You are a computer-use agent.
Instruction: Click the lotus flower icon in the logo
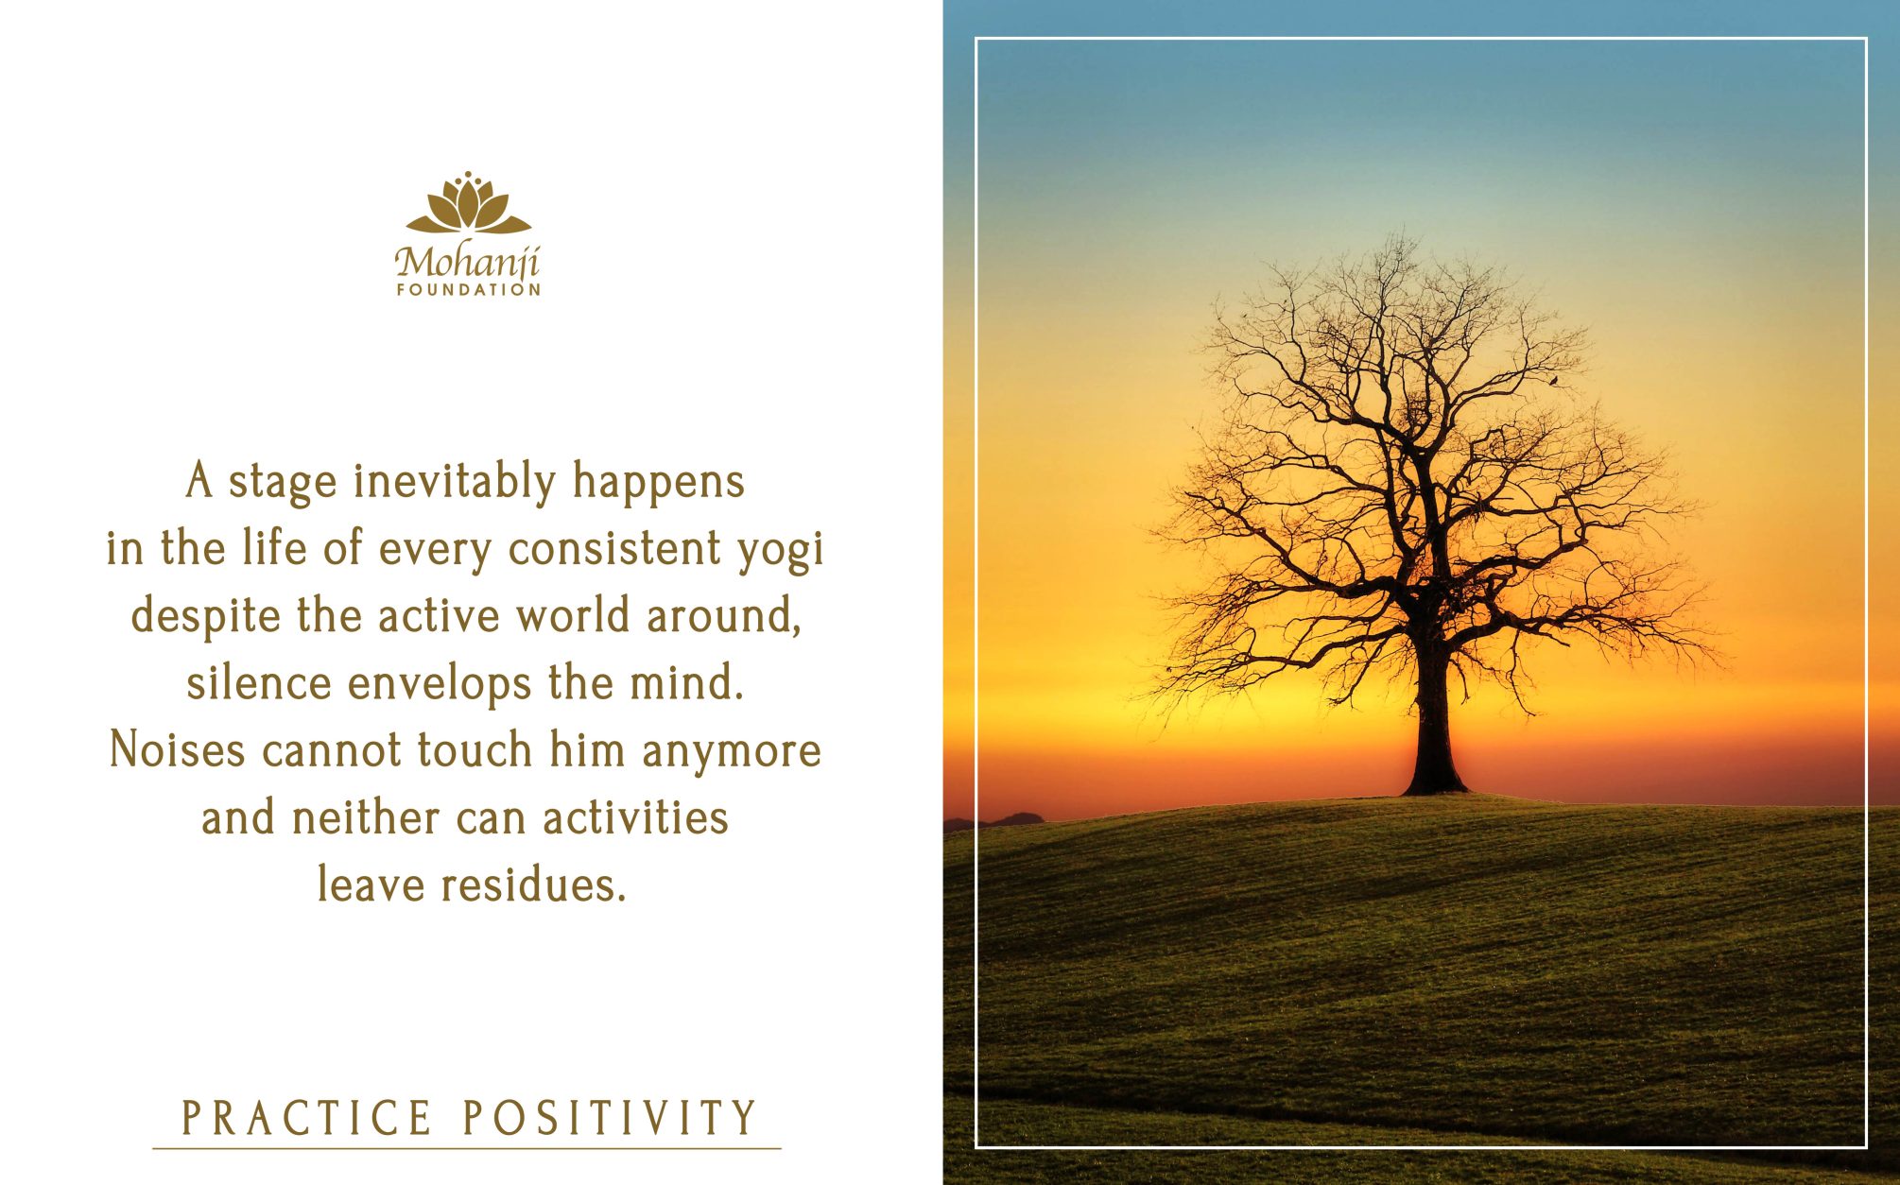pyautogui.click(x=468, y=202)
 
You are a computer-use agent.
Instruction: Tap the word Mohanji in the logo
pyautogui.click(x=467, y=262)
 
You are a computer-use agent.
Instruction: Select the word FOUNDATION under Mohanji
pyautogui.click(x=468, y=290)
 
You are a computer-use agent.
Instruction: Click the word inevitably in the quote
pyautogui.click(x=456, y=482)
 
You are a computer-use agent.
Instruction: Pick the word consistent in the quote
pyautogui.click(x=614, y=549)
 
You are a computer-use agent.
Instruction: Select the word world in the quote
pyautogui.click(x=573, y=616)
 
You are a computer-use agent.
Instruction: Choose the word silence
pyautogui.click(x=259, y=682)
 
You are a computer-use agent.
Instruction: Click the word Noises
pyautogui.click(x=178, y=750)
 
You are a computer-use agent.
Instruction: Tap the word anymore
pyautogui.click(x=732, y=753)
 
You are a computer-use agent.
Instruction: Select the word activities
pyautogui.click(x=635, y=817)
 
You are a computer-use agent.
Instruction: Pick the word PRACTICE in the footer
pyautogui.click(x=307, y=1118)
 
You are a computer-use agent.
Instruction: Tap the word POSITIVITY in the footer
pyautogui.click(x=610, y=1118)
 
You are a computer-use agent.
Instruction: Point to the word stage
pyautogui.click(x=283, y=484)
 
